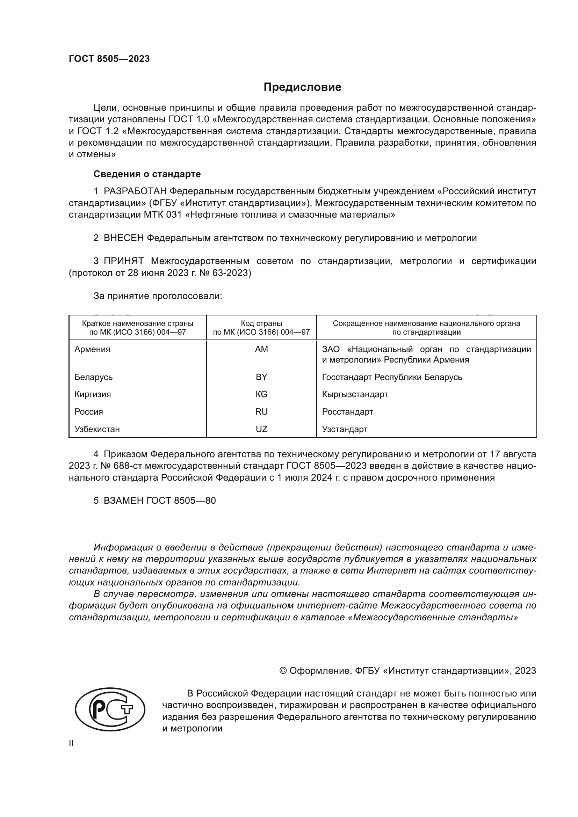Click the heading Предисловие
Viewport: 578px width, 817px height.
[x=302, y=87]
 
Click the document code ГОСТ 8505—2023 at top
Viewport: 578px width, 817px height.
[x=109, y=59]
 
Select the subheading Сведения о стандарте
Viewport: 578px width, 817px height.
[x=147, y=174]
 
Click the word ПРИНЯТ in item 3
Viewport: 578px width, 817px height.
[x=123, y=261]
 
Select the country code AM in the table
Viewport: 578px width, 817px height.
[x=261, y=349]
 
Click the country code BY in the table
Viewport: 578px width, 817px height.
[x=261, y=377]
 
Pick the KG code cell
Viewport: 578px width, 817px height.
[x=261, y=394]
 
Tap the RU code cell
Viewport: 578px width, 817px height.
[x=261, y=412]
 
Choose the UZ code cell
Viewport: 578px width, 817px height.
[x=261, y=429]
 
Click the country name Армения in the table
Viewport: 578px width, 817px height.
[x=92, y=349]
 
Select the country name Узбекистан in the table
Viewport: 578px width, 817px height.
[x=97, y=429]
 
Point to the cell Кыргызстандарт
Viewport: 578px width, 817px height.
[x=355, y=394]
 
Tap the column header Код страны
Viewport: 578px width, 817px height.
[x=261, y=323]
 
